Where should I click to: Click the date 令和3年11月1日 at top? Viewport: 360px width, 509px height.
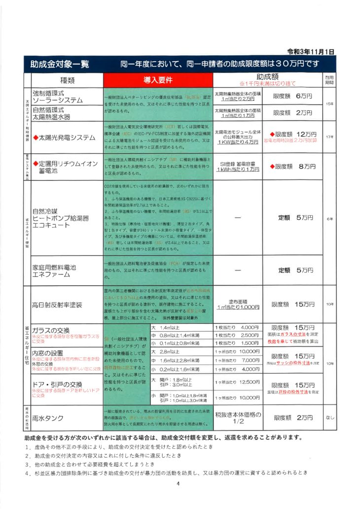pos(310,52)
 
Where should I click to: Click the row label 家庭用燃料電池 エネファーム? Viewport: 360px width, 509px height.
pos(54,270)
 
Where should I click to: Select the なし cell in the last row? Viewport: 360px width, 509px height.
pos(330,418)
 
